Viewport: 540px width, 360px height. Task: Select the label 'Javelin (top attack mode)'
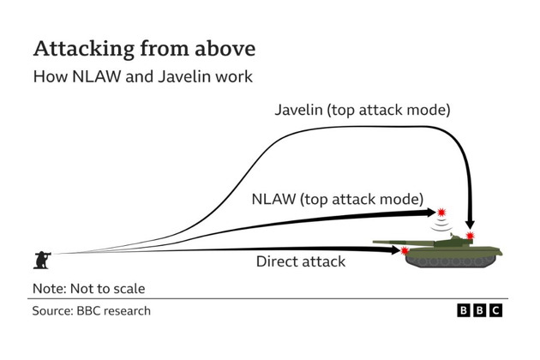click(x=363, y=111)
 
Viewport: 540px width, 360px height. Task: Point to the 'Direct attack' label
click(x=300, y=261)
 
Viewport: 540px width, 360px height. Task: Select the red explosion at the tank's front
click(x=405, y=251)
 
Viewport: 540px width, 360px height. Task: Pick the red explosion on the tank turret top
click(x=470, y=235)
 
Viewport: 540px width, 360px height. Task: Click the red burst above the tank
click(x=441, y=211)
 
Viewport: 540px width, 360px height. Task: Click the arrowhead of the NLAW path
click(x=429, y=212)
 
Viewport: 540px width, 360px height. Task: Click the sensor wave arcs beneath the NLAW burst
click(x=441, y=225)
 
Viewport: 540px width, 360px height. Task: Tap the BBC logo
click(x=479, y=311)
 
